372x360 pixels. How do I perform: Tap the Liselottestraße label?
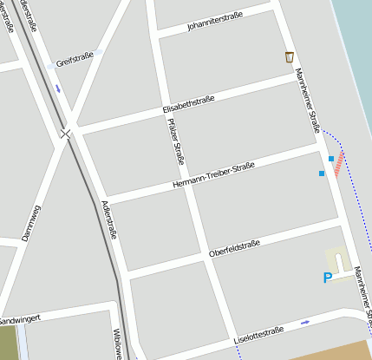pyautogui.click(x=258, y=336)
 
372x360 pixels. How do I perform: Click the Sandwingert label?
pyautogui.click(x=19, y=320)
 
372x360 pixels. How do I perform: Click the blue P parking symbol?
pyautogui.click(x=327, y=278)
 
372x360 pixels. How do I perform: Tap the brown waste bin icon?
pyautogui.click(x=289, y=57)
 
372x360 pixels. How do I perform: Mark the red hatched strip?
pyautogui.click(x=339, y=162)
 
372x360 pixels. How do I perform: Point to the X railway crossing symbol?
pyautogui.click(x=65, y=134)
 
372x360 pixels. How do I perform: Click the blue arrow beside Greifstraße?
pyautogui.click(x=57, y=88)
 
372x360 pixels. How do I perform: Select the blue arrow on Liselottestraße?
pyautogui.click(x=304, y=323)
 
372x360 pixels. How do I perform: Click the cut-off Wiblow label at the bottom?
pyautogui.click(x=115, y=344)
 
